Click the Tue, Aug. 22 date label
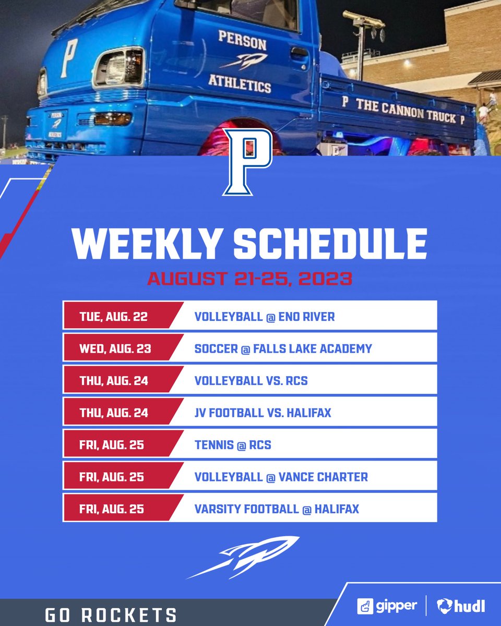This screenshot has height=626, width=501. click(x=113, y=317)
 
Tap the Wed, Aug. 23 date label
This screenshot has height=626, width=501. click(x=115, y=348)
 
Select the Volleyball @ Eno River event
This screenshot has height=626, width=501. click(x=265, y=317)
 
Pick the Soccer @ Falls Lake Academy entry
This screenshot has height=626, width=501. click(x=283, y=348)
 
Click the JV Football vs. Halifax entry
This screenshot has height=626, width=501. click(x=263, y=413)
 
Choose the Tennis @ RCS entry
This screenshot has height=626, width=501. click(x=233, y=445)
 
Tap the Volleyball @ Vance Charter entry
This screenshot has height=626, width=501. click(x=281, y=476)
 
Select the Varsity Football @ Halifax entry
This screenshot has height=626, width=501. click(x=277, y=509)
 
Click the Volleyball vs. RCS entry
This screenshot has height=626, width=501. click(x=251, y=380)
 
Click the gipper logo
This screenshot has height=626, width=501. click(x=387, y=606)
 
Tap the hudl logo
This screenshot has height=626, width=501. click(x=461, y=606)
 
